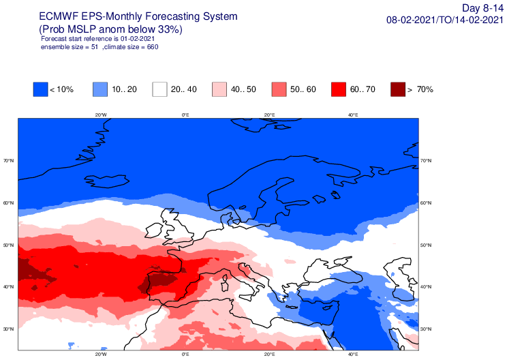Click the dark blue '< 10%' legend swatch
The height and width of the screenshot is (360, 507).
pos(40,89)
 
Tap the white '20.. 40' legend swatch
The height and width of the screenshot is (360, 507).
pos(159,89)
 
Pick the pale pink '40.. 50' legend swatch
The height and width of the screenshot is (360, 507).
pos(219,89)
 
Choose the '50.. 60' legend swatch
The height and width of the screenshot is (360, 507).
pos(279,89)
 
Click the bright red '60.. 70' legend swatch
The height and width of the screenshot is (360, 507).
pos(338,89)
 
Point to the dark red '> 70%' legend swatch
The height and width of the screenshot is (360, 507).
pos(398,89)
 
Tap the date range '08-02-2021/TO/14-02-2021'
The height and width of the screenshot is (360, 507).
pos(445,20)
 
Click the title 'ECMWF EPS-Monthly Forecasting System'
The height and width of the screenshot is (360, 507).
pos(139,16)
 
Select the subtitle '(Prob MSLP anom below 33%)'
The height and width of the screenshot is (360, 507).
pos(111,29)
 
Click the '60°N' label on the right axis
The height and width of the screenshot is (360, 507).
pos(427,203)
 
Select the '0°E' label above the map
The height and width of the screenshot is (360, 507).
pos(185,115)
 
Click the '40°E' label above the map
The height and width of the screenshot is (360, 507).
pos(353,115)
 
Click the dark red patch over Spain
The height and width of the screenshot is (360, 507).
pos(162,280)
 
